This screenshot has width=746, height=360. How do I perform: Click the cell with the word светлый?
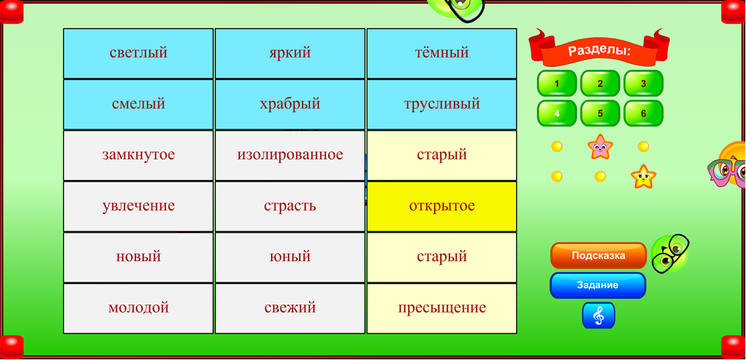tap(138, 53)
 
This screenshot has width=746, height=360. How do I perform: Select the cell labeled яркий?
tap(290, 53)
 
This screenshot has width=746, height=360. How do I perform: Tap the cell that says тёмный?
tap(442, 53)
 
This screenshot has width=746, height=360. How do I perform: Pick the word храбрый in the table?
tap(290, 104)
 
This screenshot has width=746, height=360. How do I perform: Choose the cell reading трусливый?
tap(442, 104)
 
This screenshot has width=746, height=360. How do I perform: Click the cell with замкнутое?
tap(138, 155)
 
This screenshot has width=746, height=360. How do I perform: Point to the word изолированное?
tap(290, 155)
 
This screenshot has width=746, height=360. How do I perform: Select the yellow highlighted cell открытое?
tap(442, 206)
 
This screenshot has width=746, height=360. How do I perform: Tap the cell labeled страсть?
tap(290, 206)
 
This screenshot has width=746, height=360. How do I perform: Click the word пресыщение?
tap(442, 308)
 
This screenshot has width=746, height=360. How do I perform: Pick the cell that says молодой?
tap(138, 308)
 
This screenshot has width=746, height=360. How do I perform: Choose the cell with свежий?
tap(290, 308)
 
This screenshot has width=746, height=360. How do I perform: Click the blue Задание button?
tap(598, 285)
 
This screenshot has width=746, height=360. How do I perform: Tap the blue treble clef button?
tap(599, 315)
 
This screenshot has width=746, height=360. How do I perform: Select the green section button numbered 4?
tap(557, 113)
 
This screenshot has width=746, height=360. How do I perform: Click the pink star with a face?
tap(600, 147)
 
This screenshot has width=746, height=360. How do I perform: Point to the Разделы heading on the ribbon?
tap(599, 50)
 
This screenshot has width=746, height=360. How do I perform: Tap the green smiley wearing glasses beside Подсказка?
tap(670, 254)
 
